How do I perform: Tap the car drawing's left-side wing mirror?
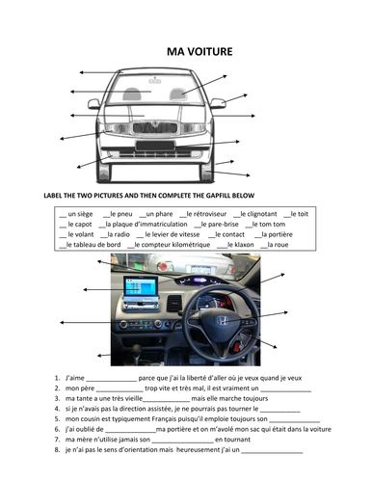pos(94,103)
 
